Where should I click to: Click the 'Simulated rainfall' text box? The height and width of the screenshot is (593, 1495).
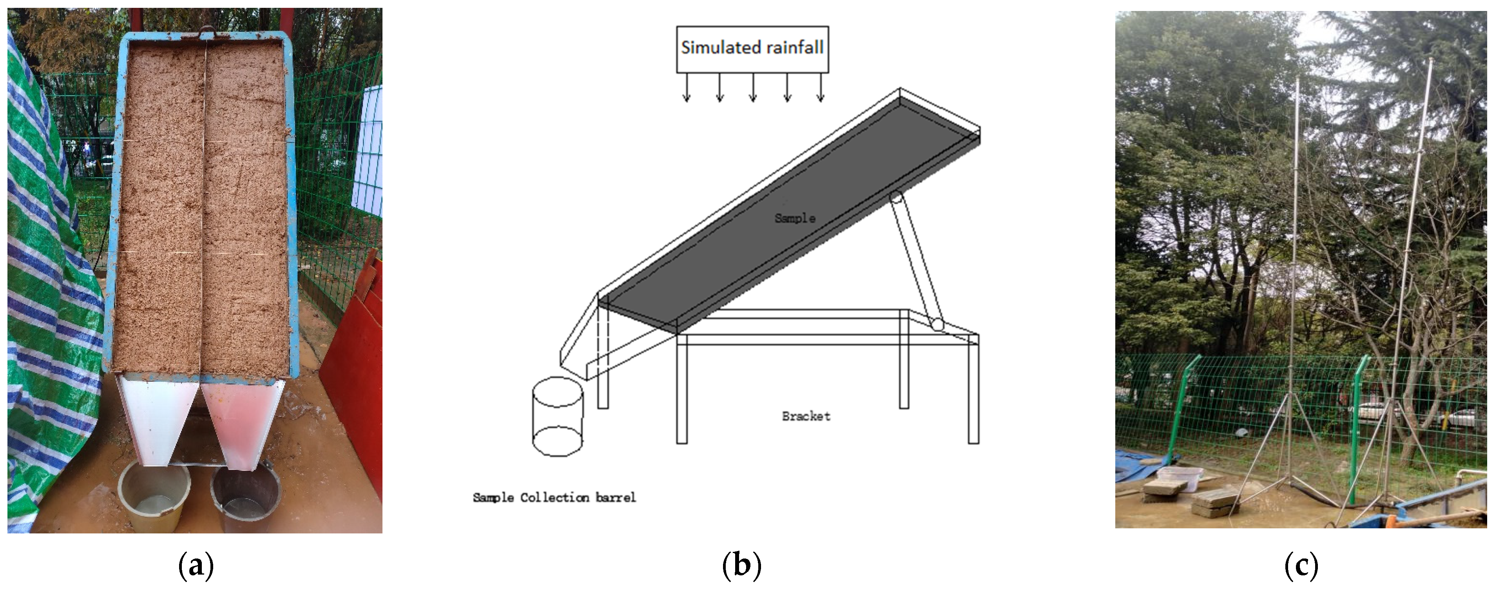tap(752, 49)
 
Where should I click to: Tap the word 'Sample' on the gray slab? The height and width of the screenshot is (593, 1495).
tap(794, 218)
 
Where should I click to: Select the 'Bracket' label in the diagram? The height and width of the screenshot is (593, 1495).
tap(806, 416)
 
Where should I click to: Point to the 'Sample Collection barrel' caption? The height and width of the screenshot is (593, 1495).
tap(554, 497)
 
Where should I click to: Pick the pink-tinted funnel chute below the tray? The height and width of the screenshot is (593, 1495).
tap(242, 421)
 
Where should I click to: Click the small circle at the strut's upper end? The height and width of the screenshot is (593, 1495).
tap(896, 197)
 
